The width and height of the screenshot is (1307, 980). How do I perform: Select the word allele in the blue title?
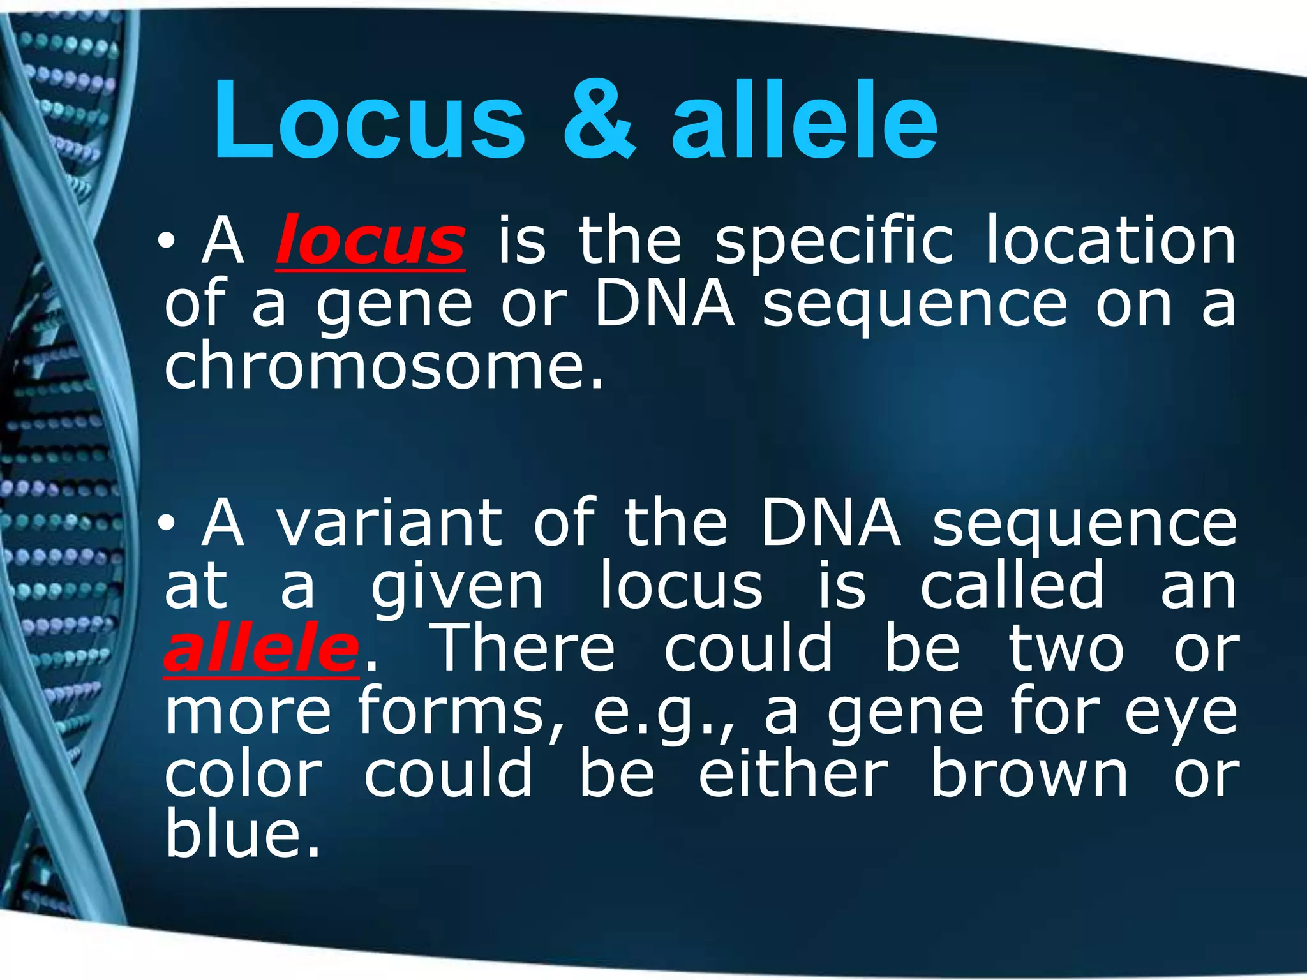tap(804, 121)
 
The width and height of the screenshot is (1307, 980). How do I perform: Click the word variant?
tap(389, 523)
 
